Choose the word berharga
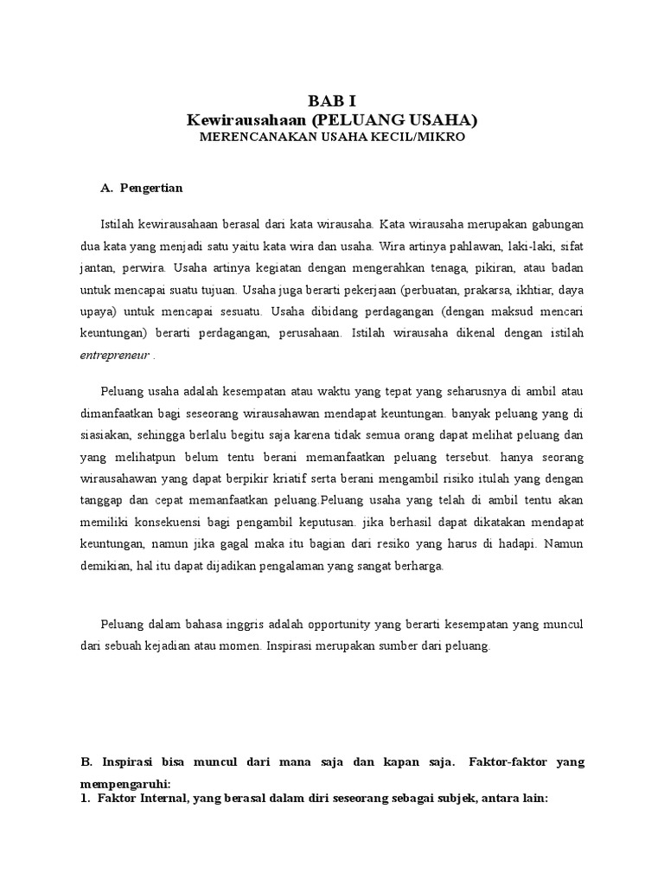coord(421,566)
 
